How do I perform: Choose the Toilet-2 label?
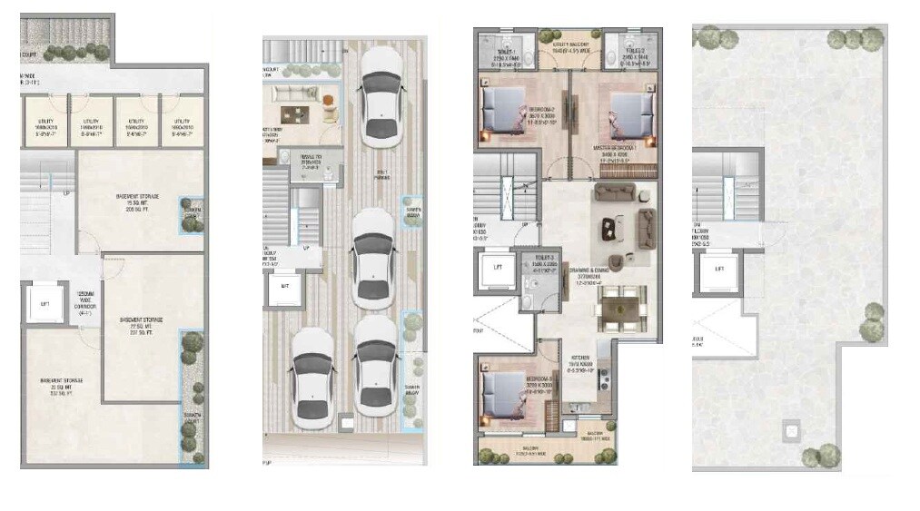(632, 57)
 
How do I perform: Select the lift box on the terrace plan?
(720, 269)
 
